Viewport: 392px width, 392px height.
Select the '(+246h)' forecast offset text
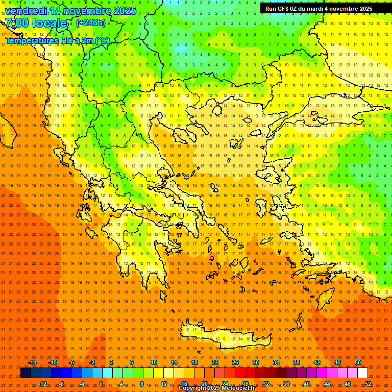pos(91,23)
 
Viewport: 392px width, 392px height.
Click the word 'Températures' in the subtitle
pos(31,40)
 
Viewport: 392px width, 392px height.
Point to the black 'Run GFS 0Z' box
pos(318,9)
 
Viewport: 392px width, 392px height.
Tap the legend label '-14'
pos(32,362)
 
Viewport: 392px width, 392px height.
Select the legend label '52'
pos(368,384)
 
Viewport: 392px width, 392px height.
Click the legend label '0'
pos(101,384)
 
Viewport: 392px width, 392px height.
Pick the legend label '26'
pos(235,362)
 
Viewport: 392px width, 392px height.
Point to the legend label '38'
pos(296,362)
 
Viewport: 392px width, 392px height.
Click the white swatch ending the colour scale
pos(362,373)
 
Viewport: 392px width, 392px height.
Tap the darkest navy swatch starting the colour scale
pos(26,373)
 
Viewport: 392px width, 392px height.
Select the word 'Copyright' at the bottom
pos(193,388)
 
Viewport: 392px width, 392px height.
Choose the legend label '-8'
pos(62,384)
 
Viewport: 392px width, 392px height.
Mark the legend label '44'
pos(327,384)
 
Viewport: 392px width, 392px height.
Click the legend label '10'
pos(153,362)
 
